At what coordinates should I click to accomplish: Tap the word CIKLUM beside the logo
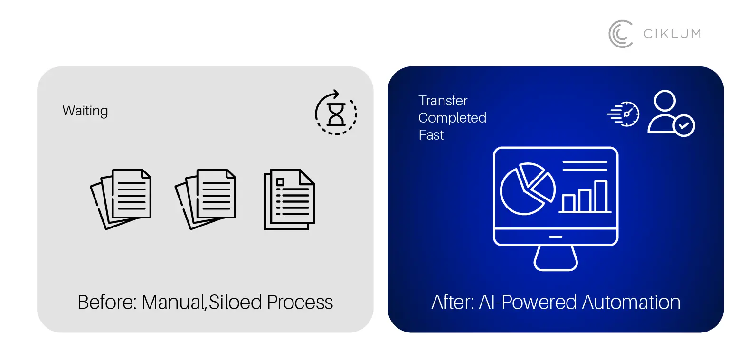(672, 34)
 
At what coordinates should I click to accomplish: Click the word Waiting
(85, 111)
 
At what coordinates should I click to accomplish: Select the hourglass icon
(336, 114)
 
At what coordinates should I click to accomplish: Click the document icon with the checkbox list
(289, 199)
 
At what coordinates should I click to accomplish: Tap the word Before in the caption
(107, 303)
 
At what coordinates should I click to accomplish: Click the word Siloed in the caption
(235, 303)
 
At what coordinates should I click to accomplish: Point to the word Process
(300, 303)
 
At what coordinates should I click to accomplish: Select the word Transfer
(443, 101)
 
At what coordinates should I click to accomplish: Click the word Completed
(452, 118)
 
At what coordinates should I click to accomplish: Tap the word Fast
(431, 135)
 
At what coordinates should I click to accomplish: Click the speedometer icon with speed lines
(624, 114)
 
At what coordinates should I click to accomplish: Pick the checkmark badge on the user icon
(684, 126)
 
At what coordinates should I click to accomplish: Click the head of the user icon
(664, 101)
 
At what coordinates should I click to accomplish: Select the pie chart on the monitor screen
(527, 189)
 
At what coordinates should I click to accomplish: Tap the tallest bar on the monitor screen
(601, 196)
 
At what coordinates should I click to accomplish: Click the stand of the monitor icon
(556, 258)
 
